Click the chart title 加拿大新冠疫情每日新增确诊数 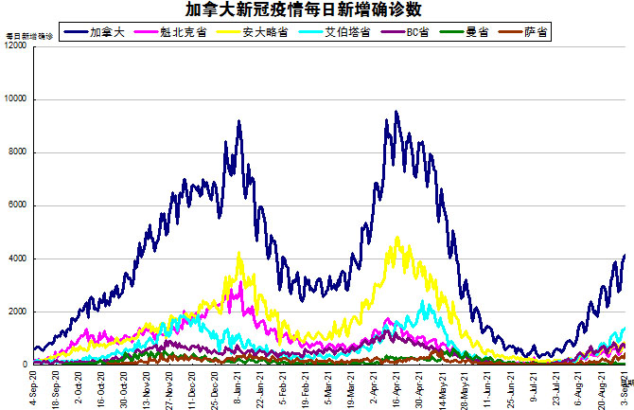coord(317,9)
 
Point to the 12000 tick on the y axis coord(16,46)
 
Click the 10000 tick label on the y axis coord(16,99)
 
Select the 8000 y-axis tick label coord(19,152)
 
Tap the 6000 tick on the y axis coord(19,205)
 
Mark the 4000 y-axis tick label coord(19,258)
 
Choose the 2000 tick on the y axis coord(19,312)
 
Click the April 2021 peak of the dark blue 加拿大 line coord(396,112)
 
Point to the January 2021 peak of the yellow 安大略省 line coord(239,253)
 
